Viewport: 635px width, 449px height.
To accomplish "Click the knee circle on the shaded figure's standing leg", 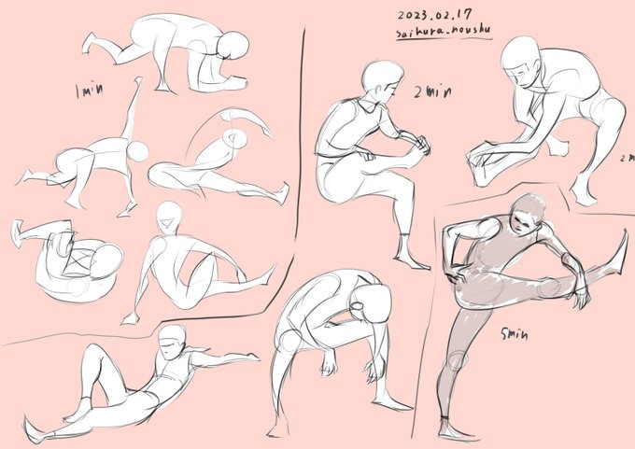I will click(457, 360).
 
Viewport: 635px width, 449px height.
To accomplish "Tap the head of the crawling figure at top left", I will click(231, 48).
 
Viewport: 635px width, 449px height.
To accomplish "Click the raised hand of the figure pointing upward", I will click(138, 84).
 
